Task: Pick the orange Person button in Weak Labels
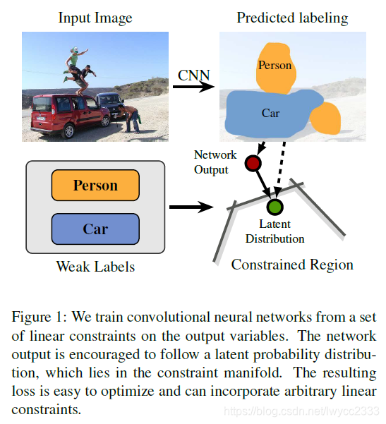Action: click(x=95, y=186)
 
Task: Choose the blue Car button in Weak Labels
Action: click(x=95, y=229)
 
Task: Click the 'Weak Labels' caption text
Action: click(x=95, y=267)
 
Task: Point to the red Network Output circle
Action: click(x=253, y=164)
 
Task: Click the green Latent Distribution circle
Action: click(x=275, y=207)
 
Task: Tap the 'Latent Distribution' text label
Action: click(x=275, y=231)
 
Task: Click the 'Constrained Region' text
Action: click(x=292, y=265)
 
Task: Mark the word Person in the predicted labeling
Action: click(x=275, y=66)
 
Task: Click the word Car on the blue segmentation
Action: click(x=270, y=113)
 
